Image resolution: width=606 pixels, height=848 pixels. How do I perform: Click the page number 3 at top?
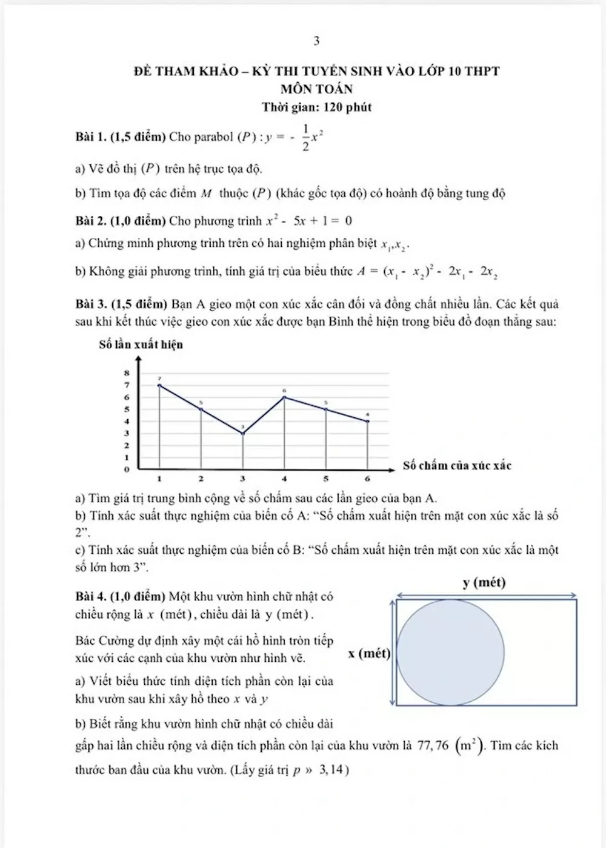316,41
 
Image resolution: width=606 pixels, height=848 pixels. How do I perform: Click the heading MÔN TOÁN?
316,89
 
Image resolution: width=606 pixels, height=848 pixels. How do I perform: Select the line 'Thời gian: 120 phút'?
316,107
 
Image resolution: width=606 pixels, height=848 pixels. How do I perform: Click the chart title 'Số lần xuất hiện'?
141,345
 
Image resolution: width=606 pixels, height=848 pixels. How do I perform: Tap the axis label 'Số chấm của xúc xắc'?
457,466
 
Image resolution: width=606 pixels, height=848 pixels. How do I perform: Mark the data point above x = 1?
159,385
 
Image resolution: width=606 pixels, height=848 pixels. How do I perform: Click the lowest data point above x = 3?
243,433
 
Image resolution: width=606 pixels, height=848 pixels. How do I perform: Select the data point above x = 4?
285,397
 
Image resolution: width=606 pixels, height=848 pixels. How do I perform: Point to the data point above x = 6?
368,421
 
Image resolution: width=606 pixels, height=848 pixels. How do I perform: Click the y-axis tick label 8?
127,373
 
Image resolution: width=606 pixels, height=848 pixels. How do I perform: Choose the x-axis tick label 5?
326,479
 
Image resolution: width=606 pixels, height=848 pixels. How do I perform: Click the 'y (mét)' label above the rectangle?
484,583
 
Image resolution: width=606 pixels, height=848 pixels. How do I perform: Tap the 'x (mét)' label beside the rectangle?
369,653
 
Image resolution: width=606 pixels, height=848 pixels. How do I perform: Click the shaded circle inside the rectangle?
450,652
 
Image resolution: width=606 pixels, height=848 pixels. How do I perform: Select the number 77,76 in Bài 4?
433,745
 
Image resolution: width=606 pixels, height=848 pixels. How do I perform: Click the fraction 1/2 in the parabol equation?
305,137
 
